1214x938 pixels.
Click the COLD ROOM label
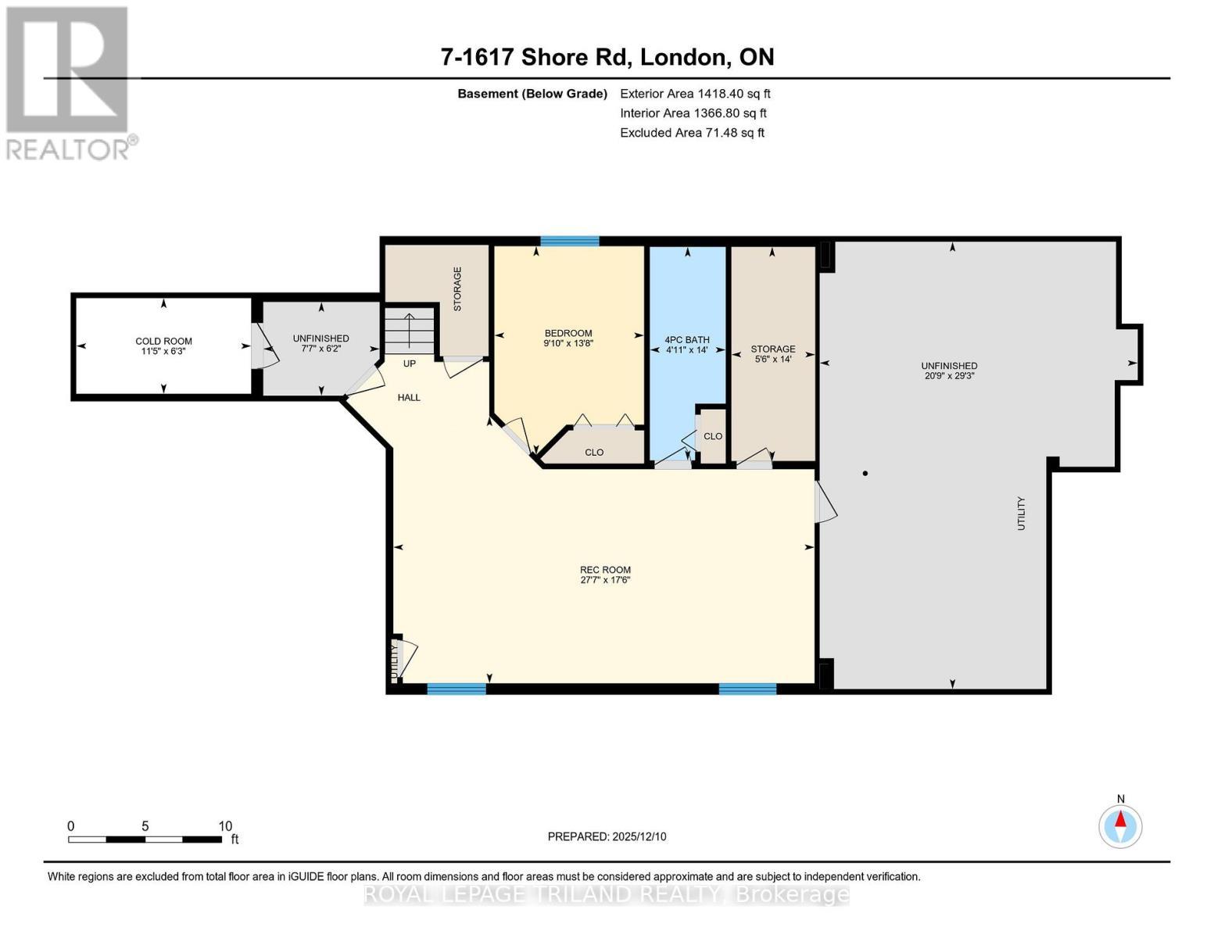(x=163, y=341)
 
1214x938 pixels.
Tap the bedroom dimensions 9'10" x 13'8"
(x=568, y=343)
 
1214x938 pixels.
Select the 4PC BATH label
(x=687, y=340)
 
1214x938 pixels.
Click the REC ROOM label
(x=605, y=570)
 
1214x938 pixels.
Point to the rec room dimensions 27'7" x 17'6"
(x=605, y=580)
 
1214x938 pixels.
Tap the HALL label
(x=409, y=397)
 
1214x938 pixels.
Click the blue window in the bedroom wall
(x=569, y=241)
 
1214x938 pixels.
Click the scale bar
(x=145, y=840)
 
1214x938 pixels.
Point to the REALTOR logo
(x=69, y=82)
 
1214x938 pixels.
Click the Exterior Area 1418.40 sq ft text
(x=695, y=94)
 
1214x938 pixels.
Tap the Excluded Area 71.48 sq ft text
(x=692, y=133)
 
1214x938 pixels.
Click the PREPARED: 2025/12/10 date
(x=607, y=836)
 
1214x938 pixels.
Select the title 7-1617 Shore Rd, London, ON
(x=607, y=57)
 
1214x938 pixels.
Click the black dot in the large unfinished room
(x=865, y=473)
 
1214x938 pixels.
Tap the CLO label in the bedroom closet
(x=594, y=452)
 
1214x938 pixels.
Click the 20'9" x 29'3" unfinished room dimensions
(x=949, y=375)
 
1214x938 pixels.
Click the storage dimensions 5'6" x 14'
(x=773, y=360)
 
